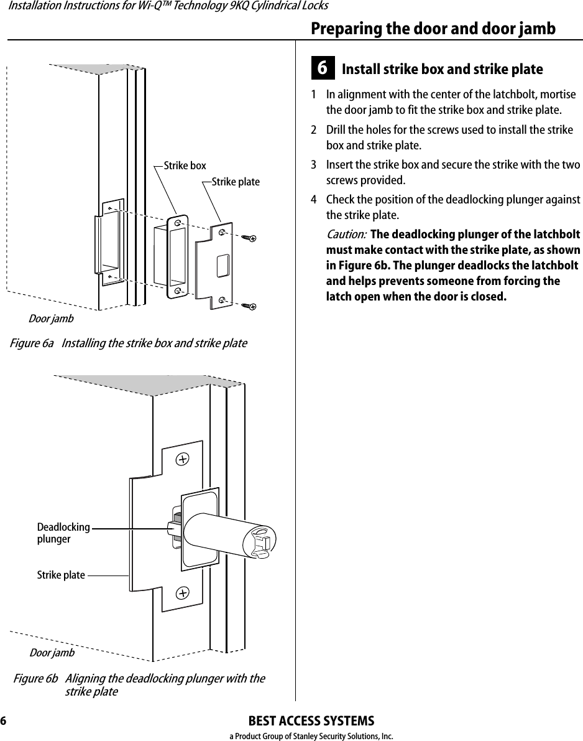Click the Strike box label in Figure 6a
click(x=185, y=165)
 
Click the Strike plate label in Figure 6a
click(x=236, y=182)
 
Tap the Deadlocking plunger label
click(x=63, y=533)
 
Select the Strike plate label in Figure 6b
click(x=61, y=575)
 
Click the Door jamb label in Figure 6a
click(x=51, y=319)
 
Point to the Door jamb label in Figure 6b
click(x=52, y=653)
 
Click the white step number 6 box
click(x=323, y=68)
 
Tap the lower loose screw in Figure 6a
click(x=250, y=305)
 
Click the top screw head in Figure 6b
click(x=182, y=459)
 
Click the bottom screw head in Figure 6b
click(x=182, y=592)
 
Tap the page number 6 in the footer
click(x=4, y=721)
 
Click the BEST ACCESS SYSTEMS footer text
click(x=311, y=721)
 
